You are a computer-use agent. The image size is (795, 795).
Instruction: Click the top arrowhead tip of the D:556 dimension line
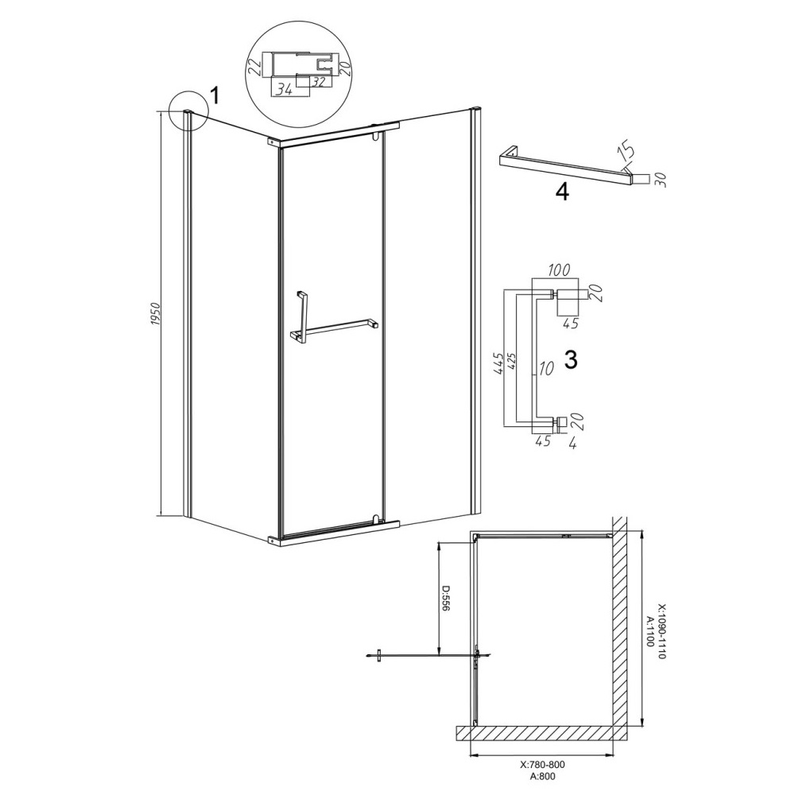point(439,541)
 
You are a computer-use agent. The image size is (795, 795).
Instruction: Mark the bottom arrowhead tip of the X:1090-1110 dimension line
point(642,726)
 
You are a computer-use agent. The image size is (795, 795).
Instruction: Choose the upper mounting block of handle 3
point(571,294)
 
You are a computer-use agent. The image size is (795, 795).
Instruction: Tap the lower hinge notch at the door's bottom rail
point(376,518)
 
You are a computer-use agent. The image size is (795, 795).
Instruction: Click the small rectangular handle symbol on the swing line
point(378,655)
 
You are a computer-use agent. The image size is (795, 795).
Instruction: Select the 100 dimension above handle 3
point(559,270)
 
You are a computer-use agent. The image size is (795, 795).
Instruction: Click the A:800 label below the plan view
point(541,789)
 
